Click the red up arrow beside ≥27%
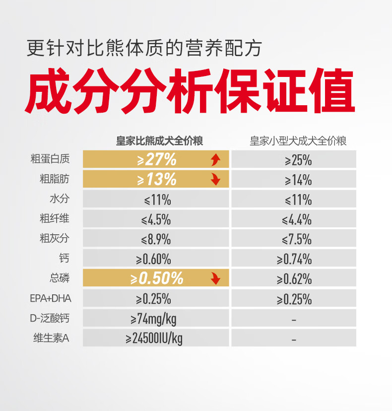click(x=216, y=160)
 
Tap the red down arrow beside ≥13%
click(x=216, y=179)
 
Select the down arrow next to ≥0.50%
click(x=216, y=278)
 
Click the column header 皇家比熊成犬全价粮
click(x=160, y=141)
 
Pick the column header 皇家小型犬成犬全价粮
click(x=298, y=141)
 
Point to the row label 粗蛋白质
click(x=50, y=159)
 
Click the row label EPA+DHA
click(x=51, y=298)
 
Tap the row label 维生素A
click(x=52, y=338)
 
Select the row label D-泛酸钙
click(x=50, y=318)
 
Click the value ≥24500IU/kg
click(x=154, y=339)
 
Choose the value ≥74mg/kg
click(x=153, y=319)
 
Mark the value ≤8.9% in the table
click(x=156, y=240)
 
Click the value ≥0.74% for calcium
click(x=294, y=259)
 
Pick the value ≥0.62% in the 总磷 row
click(x=294, y=279)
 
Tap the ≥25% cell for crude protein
click(x=298, y=160)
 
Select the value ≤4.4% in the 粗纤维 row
click(x=297, y=220)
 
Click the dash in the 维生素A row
click(x=294, y=340)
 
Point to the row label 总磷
click(x=60, y=278)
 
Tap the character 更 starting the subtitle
click(x=36, y=48)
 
